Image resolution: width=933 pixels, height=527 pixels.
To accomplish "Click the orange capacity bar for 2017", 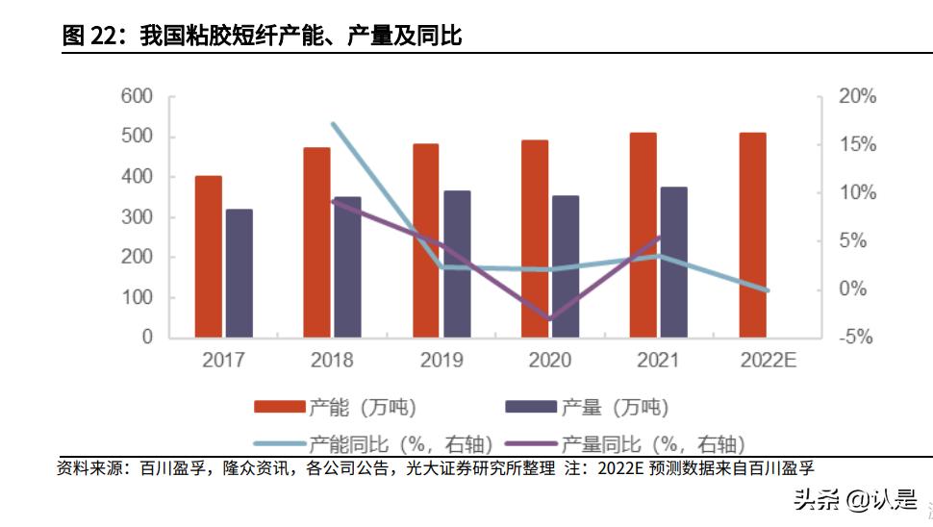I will point(208,257).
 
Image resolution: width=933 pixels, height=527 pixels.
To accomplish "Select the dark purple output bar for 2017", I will point(239,273).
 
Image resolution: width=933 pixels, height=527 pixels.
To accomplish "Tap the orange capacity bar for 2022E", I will point(752,235).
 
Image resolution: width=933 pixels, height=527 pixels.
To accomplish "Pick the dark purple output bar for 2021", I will point(674,262).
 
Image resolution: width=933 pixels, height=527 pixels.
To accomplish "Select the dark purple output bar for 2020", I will point(566,266).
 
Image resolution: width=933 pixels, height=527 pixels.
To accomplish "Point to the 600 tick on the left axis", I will point(137,96).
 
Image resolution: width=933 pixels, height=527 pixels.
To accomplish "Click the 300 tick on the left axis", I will point(137,217).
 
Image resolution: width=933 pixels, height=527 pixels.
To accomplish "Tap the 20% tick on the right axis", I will point(857,96).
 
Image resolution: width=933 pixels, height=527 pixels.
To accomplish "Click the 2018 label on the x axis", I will point(332,361).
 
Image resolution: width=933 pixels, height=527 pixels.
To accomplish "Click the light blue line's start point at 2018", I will point(333,124).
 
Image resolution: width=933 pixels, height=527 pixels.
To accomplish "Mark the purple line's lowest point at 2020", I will point(550,318).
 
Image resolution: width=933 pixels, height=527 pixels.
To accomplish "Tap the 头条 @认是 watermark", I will point(840,499).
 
